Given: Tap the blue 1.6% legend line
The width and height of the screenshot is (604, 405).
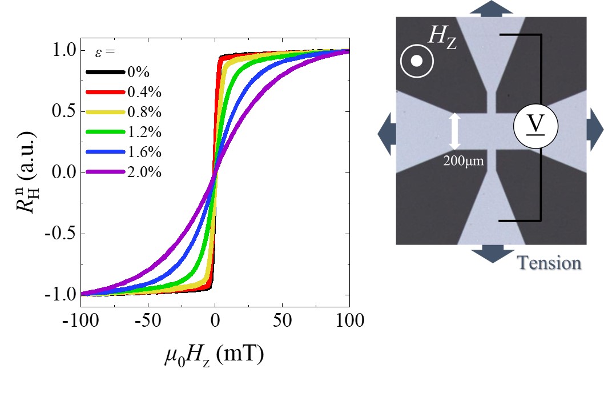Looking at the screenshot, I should (105, 152).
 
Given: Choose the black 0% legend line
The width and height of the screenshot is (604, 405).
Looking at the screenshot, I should (105, 73).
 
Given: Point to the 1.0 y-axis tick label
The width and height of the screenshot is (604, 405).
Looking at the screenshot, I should (62, 51).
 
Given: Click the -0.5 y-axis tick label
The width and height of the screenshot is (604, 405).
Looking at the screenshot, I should (58, 234).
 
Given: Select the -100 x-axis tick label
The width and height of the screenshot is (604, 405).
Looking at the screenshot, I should (80, 320).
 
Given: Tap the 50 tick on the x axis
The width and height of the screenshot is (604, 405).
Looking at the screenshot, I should (281, 320).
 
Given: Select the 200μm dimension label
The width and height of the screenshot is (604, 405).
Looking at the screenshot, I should (464, 161).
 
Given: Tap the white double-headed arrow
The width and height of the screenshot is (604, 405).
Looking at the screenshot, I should (455, 131).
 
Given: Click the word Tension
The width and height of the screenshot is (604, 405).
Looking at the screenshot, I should (549, 263).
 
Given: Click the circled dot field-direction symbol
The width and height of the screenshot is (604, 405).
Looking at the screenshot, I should (417, 61).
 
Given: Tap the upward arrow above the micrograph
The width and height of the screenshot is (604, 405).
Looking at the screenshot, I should (492, 8).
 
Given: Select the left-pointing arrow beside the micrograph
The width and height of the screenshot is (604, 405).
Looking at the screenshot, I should (386, 131).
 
